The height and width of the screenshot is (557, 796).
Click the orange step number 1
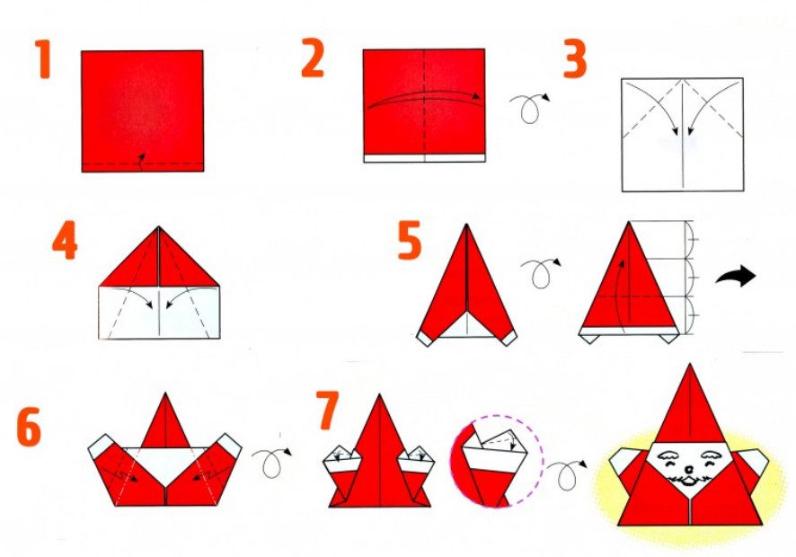(x=44, y=59)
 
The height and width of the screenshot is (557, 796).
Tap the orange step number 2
(x=313, y=57)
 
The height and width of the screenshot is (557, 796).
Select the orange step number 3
(x=575, y=59)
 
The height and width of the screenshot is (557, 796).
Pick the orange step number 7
(x=327, y=410)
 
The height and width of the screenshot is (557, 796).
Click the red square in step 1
(x=143, y=111)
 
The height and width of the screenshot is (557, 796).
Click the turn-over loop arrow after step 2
(x=529, y=108)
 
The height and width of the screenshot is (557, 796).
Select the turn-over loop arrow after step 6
(x=271, y=462)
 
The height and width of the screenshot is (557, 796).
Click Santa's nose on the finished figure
(x=689, y=466)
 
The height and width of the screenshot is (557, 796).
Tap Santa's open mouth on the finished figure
(x=689, y=481)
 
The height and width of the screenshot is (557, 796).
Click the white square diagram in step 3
(x=683, y=135)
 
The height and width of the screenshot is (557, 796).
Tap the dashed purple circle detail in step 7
(x=498, y=461)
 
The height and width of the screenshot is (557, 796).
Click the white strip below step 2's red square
(x=424, y=158)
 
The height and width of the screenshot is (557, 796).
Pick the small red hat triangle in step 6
(x=166, y=422)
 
